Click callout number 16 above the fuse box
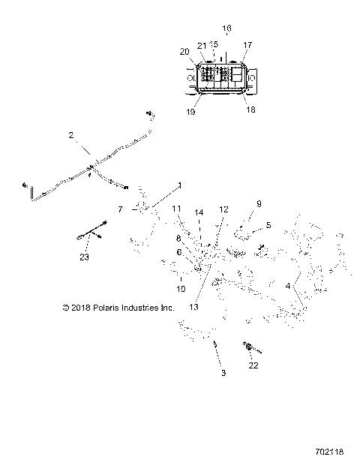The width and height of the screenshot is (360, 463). tap(227, 28)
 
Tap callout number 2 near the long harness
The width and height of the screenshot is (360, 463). tap(70, 136)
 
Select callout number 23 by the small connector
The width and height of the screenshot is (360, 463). tap(84, 257)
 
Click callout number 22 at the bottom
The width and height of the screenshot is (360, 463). tap(254, 365)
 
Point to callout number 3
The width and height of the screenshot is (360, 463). tap(222, 372)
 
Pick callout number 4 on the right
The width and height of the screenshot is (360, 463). tap(287, 285)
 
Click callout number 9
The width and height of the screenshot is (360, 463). tap(259, 203)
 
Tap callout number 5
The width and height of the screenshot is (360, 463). tap(268, 224)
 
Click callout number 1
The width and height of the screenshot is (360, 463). tap(179, 185)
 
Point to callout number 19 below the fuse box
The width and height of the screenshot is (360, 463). tap(191, 111)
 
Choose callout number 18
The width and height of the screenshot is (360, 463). tap(250, 108)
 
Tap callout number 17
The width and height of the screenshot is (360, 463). tap(247, 44)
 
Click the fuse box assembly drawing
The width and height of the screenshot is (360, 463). tap(221, 76)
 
